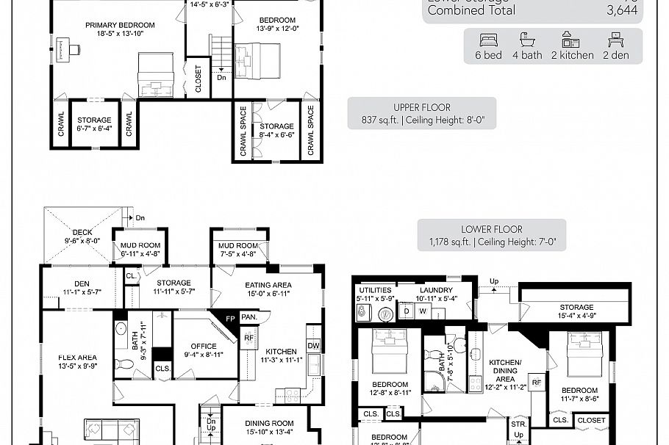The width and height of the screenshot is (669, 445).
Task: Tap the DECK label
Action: pyautogui.click(x=82, y=232)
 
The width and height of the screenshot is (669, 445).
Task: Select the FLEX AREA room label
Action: pyautogui.click(x=77, y=358)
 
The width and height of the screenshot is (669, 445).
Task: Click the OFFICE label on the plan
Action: pyautogui.click(x=204, y=346)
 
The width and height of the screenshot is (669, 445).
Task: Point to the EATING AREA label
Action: pyautogui.click(x=268, y=285)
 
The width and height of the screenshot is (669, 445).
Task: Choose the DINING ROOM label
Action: pyautogui.click(x=270, y=423)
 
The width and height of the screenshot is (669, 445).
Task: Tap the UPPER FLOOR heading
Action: pyautogui.click(x=422, y=107)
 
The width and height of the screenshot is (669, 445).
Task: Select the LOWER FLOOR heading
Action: pyautogui.click(x=492, y=229)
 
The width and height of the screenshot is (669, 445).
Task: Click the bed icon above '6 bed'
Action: pyautogui.click(x=488, y=40)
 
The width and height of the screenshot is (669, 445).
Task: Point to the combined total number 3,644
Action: pyautogui.click(x=622, y=11)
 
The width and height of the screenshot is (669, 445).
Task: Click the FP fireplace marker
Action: pyautogui.click(x=230, y=320)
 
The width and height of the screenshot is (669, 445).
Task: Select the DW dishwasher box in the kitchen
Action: pyautogui.click(x=313, y=345)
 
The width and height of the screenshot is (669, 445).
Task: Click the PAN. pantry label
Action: pyautogui.click(x=249, y=317)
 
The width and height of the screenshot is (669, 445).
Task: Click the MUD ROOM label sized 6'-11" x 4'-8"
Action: pyautogui.click(x=140, y=245)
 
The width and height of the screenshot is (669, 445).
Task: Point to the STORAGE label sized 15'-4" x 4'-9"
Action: pyautogui.click(x=576, y=307)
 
